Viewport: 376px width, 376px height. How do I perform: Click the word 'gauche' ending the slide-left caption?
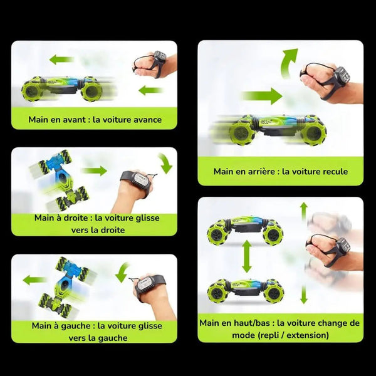coord(112,338)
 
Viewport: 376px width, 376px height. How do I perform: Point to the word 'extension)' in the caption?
coord(308,335)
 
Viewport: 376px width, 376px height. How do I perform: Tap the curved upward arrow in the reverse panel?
coord(289,63)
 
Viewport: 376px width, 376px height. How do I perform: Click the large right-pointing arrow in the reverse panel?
coord(262,96)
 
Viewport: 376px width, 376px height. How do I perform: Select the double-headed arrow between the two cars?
coord(247,256)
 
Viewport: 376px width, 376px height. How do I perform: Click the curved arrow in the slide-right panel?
coord(166,162)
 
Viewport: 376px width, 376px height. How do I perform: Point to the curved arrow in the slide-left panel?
coord(123,272)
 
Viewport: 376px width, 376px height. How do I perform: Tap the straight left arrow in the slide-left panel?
coord(34,280)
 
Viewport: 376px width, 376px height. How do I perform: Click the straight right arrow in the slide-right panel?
coord(95,170)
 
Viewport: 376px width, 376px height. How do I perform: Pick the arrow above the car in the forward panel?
coord(61,60)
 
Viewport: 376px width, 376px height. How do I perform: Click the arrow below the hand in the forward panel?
coord(151,90)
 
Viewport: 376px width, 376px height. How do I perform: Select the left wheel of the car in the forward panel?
coord(32,90)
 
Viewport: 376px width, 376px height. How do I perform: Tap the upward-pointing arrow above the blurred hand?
coord(304,211)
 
